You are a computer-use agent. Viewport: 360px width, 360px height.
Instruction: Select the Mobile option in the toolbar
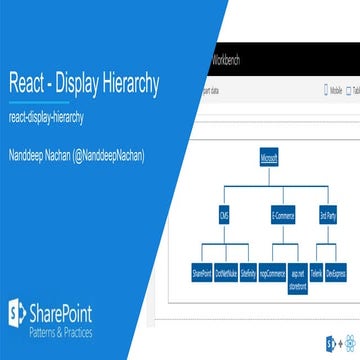(337, 88)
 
